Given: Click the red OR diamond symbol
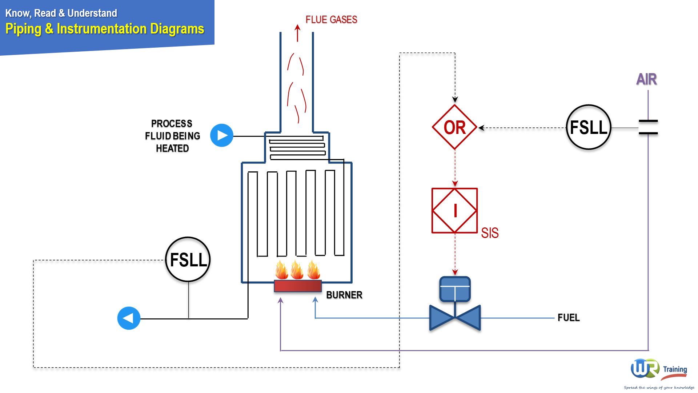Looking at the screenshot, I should pos(454,127).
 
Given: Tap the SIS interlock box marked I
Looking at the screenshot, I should pos(454,211).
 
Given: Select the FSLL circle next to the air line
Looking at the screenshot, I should pos(588,127).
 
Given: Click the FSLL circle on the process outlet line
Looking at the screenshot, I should pos(188,260).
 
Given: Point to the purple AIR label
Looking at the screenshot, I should pos(646,79).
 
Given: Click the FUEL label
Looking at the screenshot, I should pos(569,318).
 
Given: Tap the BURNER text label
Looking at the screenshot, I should pos(344,295).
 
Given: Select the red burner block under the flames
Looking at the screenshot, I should pos(298,286).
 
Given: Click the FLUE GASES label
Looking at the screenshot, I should pos(331,20).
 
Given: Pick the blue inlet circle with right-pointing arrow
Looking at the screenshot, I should pos(222,135).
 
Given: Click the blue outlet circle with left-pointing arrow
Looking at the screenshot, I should pos(129,318).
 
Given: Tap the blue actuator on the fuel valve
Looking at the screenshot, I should pos(455,289).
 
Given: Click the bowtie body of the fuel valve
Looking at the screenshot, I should pos(455,318).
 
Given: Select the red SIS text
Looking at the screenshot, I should pos(490,233).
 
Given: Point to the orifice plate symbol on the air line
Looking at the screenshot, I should pos(648,127).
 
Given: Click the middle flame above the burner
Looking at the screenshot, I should pos(297,270).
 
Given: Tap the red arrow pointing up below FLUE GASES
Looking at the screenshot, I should pos(298,33).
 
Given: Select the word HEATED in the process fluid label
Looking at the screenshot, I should pos(172,148).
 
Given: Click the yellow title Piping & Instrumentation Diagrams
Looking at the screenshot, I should pos(105,29).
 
